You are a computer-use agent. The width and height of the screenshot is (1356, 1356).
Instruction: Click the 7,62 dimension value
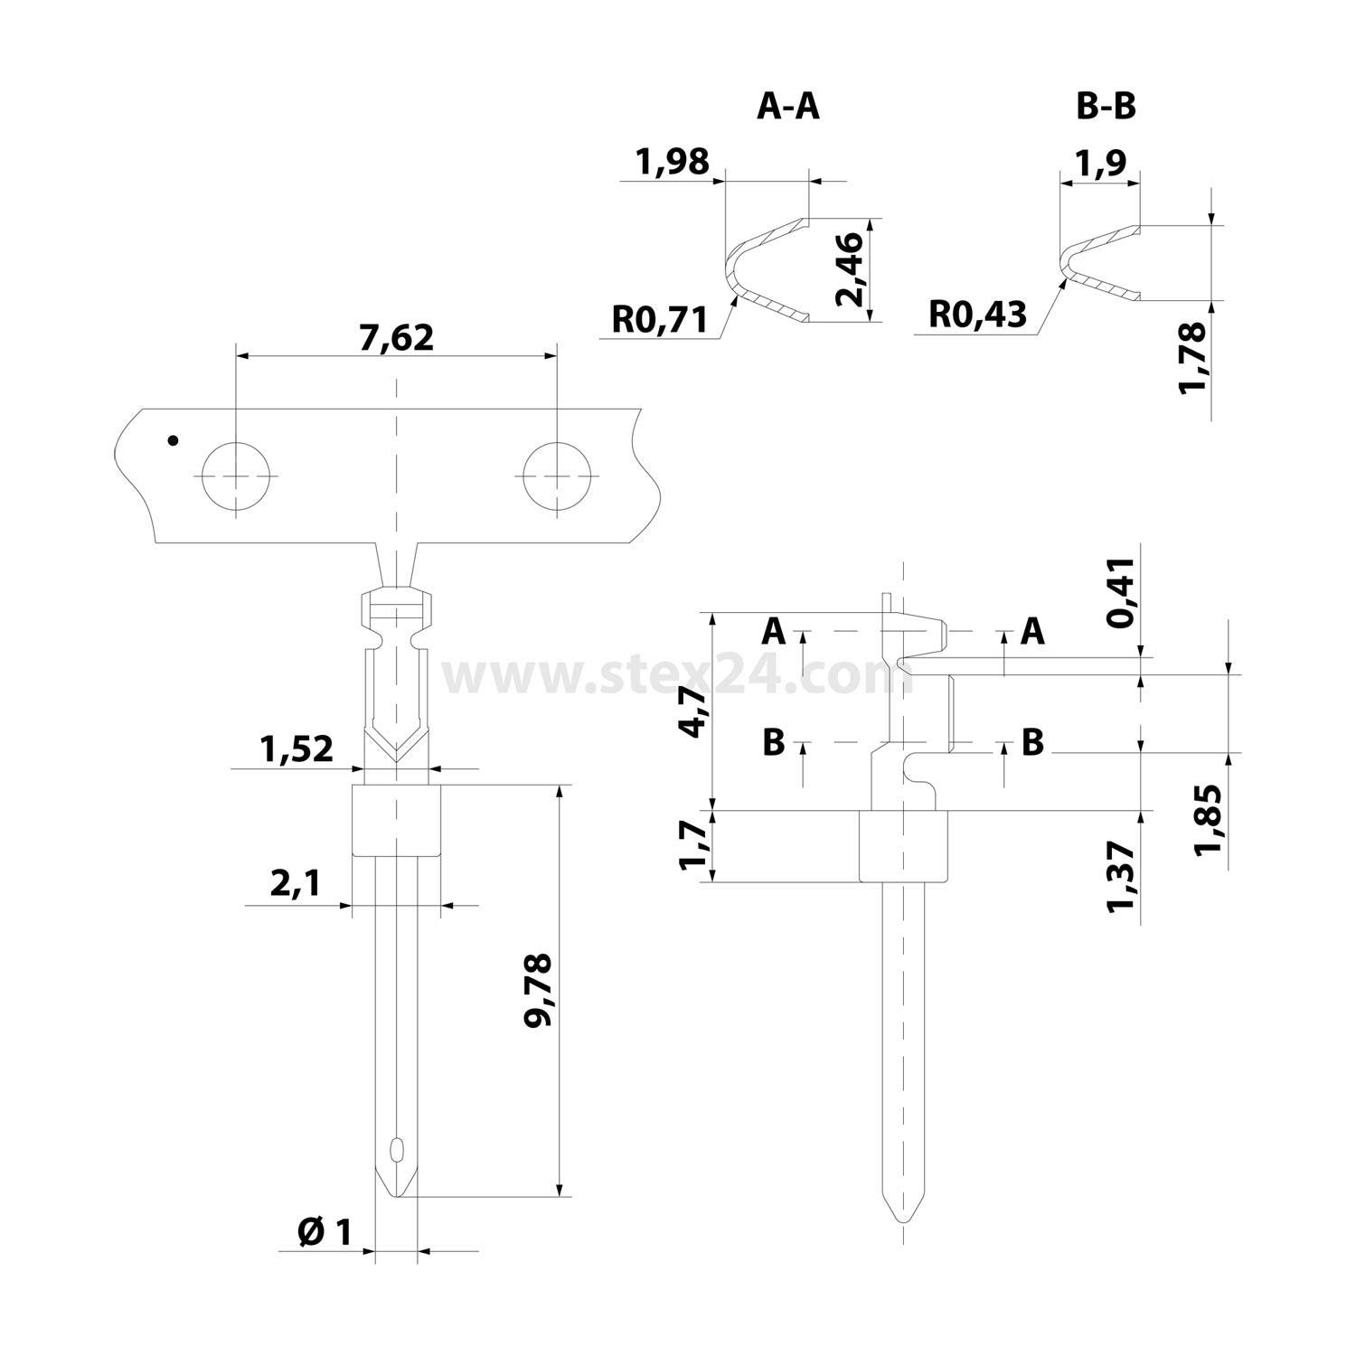(396, 337)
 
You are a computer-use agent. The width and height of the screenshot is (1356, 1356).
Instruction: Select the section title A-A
(787, 107)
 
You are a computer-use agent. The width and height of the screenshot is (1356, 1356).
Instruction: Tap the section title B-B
(1106, 107)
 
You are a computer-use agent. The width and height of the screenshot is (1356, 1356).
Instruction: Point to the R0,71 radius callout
(659, 318)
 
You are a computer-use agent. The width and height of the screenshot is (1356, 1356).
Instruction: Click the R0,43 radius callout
(978, 314)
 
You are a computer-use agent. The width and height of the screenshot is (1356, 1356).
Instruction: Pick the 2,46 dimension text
(851, 268)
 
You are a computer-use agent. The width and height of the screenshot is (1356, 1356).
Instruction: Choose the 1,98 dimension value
(673, 163)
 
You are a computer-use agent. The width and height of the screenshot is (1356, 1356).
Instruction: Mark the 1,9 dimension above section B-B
(1100, 163)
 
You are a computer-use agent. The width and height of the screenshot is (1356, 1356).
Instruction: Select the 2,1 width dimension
(295, 883)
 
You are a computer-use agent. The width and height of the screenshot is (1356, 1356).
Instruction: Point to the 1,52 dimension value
(296, 749)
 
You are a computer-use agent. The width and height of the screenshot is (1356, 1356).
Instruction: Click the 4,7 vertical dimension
(694, 711)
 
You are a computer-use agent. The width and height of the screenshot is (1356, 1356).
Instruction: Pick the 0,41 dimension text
(1121, 593)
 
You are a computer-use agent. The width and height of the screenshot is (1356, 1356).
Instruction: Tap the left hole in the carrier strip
(235, 476)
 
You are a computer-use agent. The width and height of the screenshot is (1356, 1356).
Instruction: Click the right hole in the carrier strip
(557, 476)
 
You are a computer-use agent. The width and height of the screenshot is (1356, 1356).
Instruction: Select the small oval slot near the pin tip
(396, 1150)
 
